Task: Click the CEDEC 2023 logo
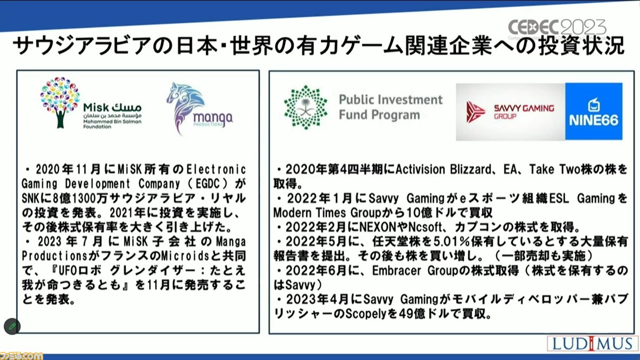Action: click(557, 28)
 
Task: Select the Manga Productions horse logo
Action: click(185, 108)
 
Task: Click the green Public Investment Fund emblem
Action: click(306, 108)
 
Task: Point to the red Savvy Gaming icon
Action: click(476, 112)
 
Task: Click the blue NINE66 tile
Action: click(594, 111)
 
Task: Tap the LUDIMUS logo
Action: click(592, 343)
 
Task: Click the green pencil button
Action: click(12, 326)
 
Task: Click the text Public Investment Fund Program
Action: click(391, 107)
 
